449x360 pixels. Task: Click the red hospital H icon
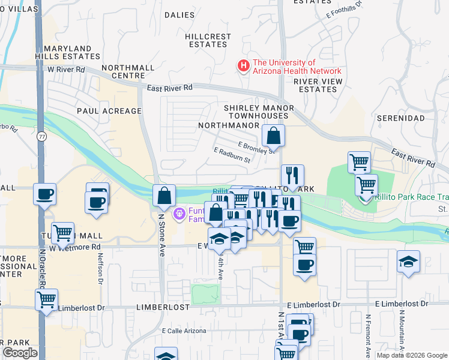(244, 66)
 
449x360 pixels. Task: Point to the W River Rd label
(67, 70)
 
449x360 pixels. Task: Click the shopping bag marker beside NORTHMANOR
(273, 137)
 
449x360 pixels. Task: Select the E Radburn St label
(231, 155)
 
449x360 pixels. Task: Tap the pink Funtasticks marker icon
(179, 213)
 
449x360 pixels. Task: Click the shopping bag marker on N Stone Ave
(164, 195)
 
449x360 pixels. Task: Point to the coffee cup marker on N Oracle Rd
(45, 194)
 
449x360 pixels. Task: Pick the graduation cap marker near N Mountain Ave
(408, 262)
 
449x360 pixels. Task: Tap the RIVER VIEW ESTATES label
(318, 85)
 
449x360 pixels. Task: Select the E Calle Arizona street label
(184, 331)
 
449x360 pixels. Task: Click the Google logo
(20, 353)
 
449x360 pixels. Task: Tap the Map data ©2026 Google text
(412, 355)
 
